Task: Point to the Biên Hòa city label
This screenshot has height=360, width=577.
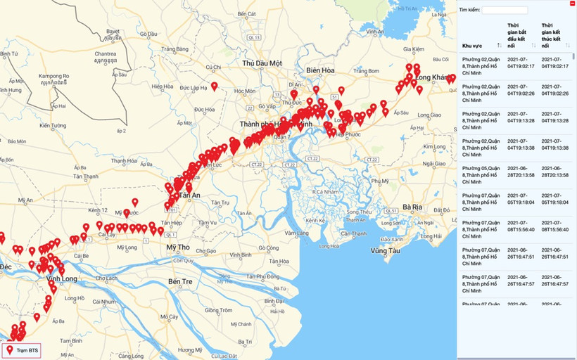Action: (324, 70)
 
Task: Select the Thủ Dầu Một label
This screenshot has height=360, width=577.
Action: (261, 63)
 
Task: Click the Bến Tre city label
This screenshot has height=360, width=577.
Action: (180, 281)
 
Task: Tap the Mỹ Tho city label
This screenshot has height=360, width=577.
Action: (178, 247)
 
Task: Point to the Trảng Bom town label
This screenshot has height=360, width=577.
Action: (367, 71)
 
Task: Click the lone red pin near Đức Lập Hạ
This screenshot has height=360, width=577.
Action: (214, 86)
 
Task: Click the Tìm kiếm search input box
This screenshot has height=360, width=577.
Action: (505, 11)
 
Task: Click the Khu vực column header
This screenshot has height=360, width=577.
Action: (472, 46)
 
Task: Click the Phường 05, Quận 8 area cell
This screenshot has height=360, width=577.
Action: (481, 175)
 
